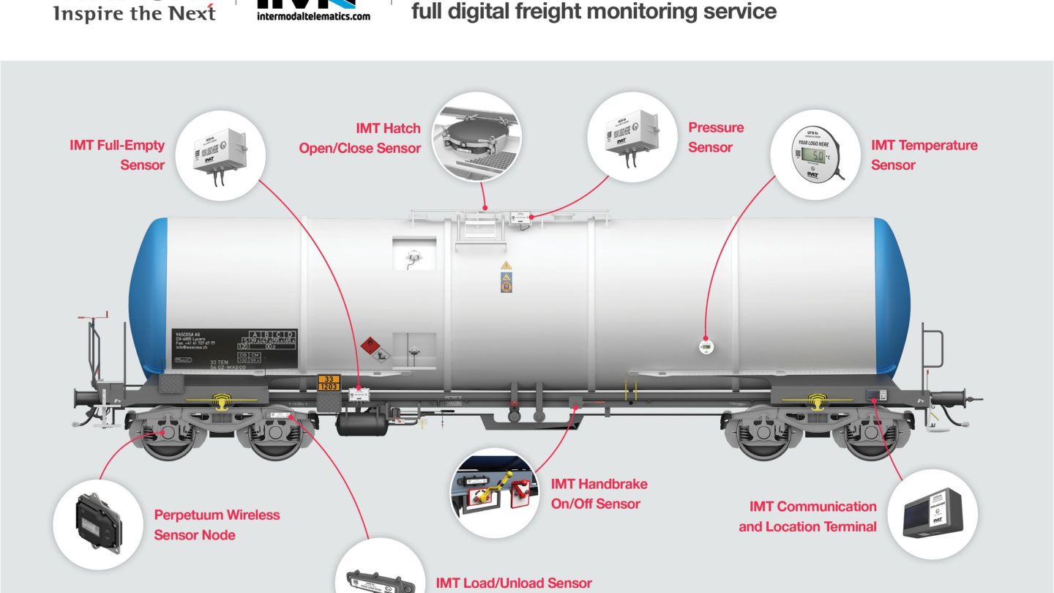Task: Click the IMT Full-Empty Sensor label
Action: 117,155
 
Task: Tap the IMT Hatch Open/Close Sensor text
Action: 360,138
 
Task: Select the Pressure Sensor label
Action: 715,138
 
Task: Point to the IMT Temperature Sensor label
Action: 924,155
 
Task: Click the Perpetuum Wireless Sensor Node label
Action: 217,525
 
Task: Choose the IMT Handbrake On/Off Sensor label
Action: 599,493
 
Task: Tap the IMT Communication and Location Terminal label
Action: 807,516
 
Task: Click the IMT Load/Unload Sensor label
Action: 514,583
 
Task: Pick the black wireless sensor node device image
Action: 98,521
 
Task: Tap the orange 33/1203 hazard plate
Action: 329,382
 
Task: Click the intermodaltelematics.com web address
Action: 313,16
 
